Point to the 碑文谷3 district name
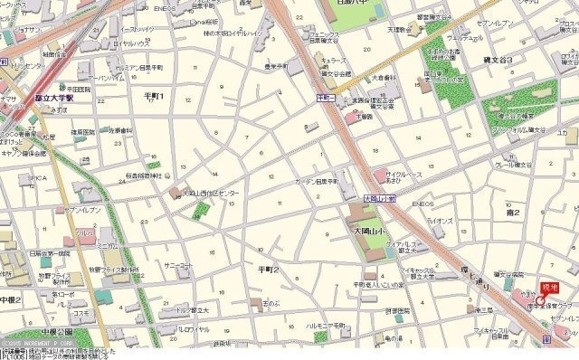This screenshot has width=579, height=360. coord(498,60)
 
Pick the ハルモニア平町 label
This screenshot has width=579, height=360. coord(327,326)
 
